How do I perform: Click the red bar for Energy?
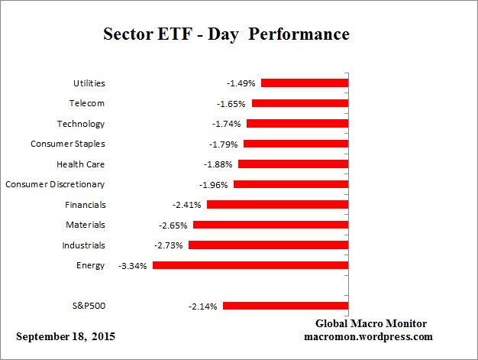point(250,265)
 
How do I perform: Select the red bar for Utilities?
point(305,83)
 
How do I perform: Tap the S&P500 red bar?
point(286,306)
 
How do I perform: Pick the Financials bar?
point(277,204)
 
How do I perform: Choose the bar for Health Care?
point(293,164)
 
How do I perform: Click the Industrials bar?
point(268,245)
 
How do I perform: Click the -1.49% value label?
point(241,83)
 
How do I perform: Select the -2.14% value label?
point(202,306)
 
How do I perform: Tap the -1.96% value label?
point(214,184)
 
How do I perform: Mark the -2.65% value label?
point(173,225)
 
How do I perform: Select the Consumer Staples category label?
point(67,144)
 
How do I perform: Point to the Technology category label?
point(81,124)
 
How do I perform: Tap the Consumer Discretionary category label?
point(55,184)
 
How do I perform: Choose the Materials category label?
point(86,225)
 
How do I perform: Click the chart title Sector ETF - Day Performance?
point(226,35)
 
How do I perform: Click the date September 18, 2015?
point(66,336)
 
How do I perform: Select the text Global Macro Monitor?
point(371,323)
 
